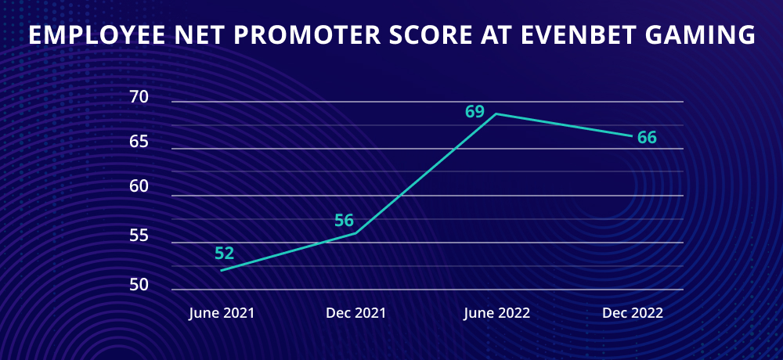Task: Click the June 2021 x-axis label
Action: (x=222, y=314)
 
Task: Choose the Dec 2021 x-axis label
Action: (x=355, y=314)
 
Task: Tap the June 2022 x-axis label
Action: (x=496, y=314)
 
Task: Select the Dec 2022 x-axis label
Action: (x=633, y=314)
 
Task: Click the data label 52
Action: (x=224, y=254)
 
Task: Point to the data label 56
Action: (x=344, y=220)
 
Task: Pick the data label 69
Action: (x=475, y=111)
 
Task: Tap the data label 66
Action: (x=647, y=137)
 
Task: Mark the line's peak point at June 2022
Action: (x=496, y=113)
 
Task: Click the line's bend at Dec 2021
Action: (x=355, y=232)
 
